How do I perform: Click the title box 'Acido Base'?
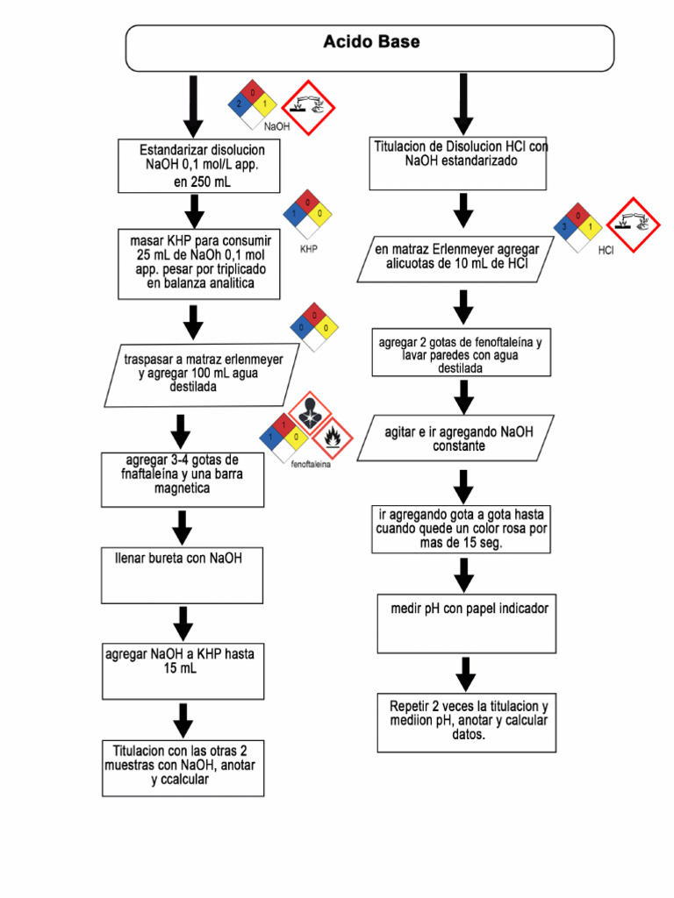[370, 47]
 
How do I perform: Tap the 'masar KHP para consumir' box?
[199, 263]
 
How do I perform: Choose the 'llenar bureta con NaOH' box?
[183, 575]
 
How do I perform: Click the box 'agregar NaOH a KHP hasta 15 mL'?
[183, 671]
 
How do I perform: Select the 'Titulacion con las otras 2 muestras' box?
[183, 767]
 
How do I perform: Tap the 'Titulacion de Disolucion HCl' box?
[459, 162]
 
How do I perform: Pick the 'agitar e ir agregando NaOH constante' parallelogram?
[457, 438]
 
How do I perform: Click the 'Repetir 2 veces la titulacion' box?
[466, 723]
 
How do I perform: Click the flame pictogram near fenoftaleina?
[331, 435]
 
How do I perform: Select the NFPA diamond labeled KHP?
[307, 214]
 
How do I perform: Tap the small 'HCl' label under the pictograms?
[606, 251]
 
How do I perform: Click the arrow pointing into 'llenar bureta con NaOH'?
[183, 528]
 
